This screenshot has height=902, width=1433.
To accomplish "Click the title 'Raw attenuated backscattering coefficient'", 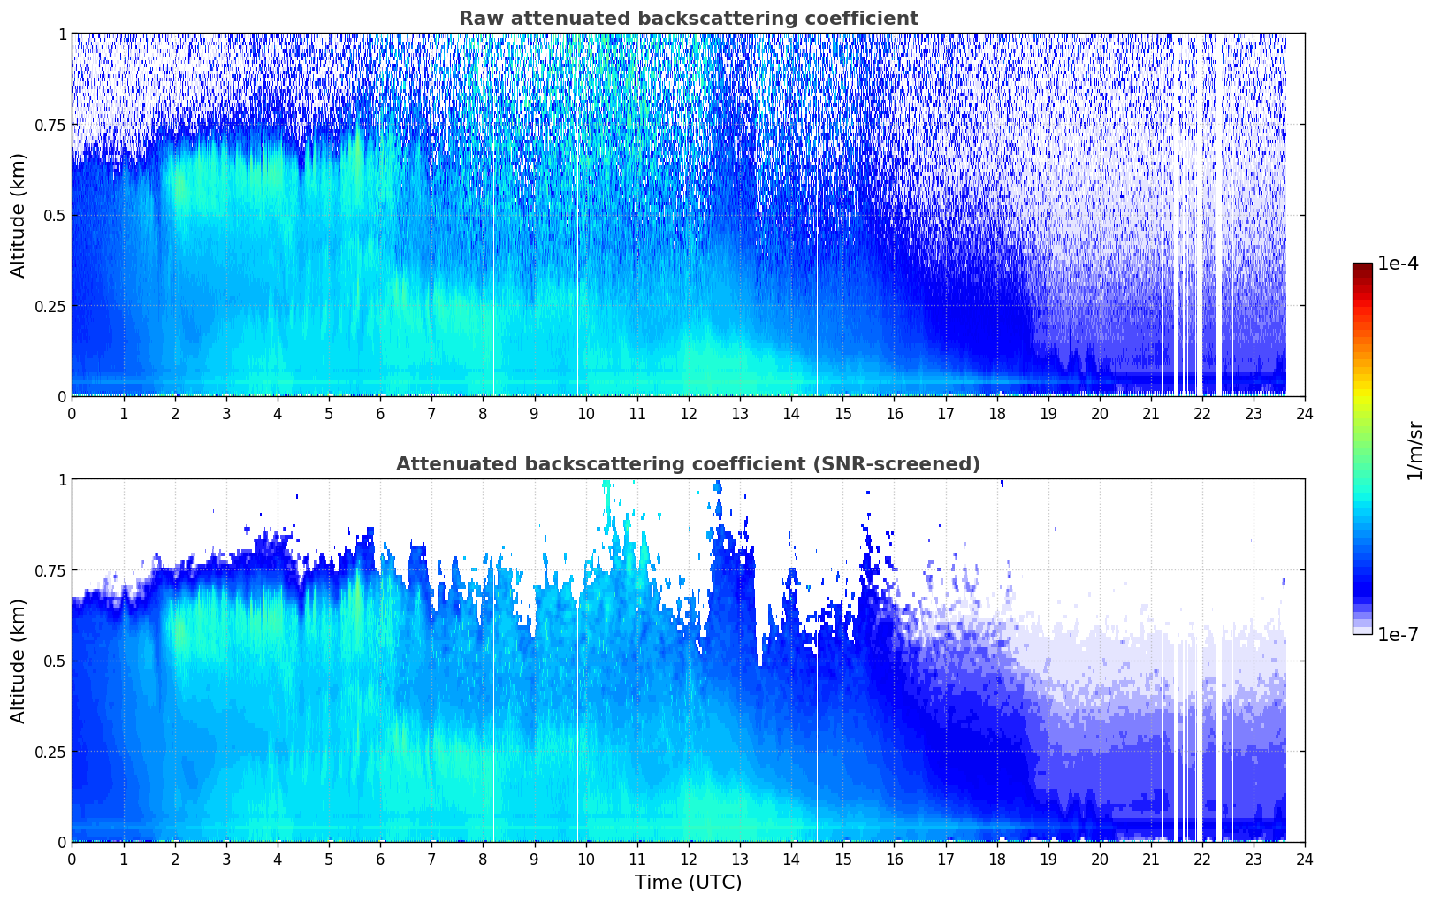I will (x=688, y=19).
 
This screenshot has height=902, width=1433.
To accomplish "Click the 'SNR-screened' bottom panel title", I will (x=688, y=464).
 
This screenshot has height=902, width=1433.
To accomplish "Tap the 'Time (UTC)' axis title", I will (x=688, y=883).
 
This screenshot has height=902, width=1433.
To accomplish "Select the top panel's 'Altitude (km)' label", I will (x=19, y=215).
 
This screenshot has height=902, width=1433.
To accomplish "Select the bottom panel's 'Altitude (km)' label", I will (x=19, y=661).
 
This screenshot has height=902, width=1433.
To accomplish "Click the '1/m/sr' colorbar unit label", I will (x=1414, y=450).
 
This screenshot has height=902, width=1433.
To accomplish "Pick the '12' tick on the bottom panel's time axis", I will (x=688, y=859).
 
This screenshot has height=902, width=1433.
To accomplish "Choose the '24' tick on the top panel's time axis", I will (x=1305, y=413).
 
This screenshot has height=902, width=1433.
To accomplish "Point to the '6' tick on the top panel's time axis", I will (x=380, y=413).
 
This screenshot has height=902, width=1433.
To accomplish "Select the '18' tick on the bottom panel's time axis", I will (x=996, y=859).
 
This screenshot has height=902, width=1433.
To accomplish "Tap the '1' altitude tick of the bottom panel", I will (x=62, y=480).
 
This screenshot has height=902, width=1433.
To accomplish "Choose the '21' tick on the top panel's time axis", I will (x=1150, y=413).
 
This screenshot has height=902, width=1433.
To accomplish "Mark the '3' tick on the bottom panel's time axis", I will (x=226, y=859).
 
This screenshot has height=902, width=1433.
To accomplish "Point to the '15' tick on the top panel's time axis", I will (x=842, y=413).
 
